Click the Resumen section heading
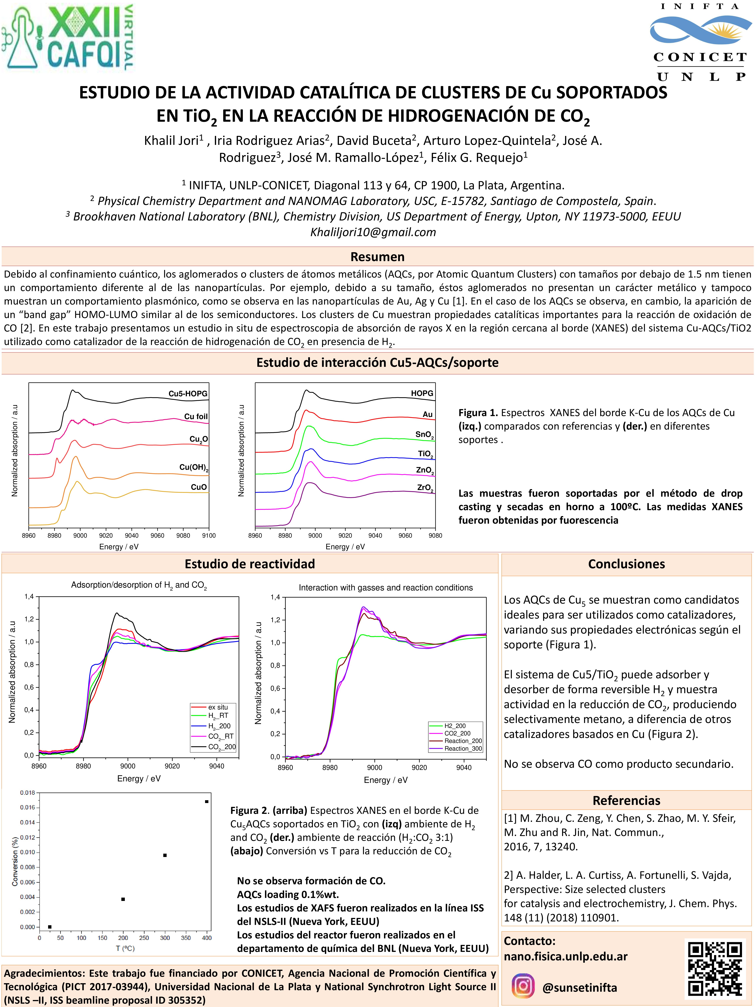(377, 257)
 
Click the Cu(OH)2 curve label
(193, 468)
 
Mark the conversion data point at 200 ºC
(123, 899)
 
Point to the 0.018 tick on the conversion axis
(27, 793)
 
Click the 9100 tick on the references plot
(209, 535)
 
